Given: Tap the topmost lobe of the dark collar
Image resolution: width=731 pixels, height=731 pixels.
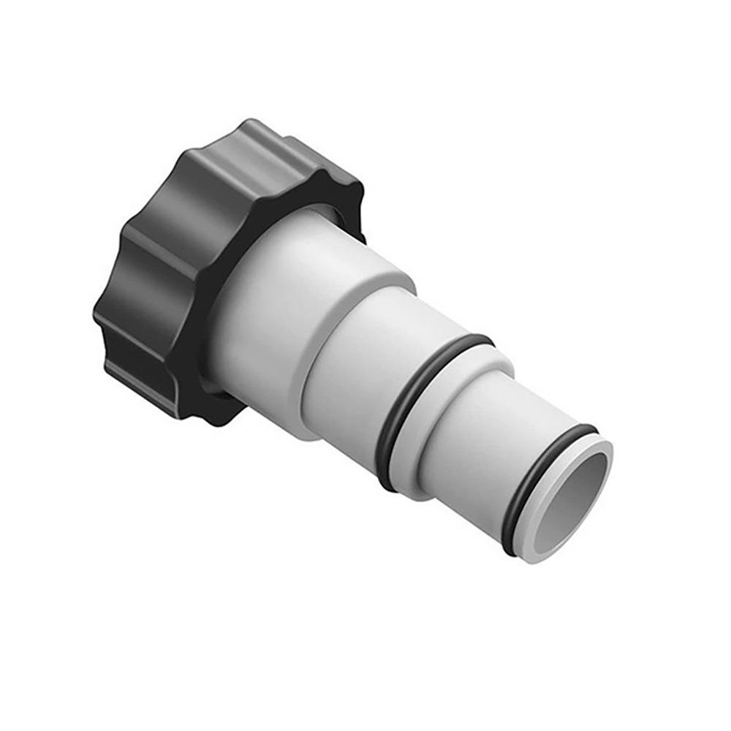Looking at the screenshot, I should pos(252,135).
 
